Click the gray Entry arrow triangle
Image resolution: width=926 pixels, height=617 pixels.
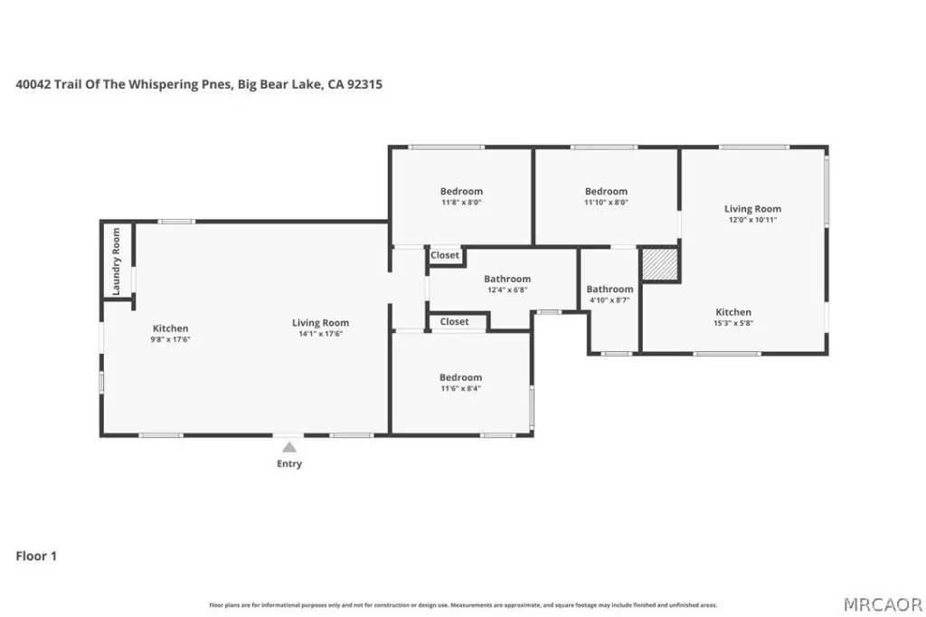tap(289, 448)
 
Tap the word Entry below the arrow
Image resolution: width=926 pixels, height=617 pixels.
tap(289, 464)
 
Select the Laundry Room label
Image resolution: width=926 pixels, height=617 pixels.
tap(116, 261)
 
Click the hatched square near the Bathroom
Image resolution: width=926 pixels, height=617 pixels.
tap(659, 264)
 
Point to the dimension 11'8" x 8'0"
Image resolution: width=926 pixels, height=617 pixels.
tap(461, 202)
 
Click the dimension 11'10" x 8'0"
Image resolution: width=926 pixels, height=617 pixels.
tap(606, 202)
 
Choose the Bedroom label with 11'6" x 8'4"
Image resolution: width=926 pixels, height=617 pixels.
tap(460, 377)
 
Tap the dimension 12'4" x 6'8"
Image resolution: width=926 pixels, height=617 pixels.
tap(507, 290)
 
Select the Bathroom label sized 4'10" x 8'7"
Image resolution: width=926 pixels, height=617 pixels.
tap(609, 289)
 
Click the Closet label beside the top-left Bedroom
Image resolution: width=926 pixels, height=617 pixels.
tap(445, 255)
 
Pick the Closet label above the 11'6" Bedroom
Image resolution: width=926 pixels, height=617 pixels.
tap(454, 321)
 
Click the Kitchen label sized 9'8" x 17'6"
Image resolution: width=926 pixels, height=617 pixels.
tap(171, 328)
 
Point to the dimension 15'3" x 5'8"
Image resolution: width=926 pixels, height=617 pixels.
tap(733, 323)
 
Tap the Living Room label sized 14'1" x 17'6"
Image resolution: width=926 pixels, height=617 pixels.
tap(321, 323)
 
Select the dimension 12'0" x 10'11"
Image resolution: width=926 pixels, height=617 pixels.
tap(752, 220)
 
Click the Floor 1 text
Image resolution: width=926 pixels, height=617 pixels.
tap(36, 556)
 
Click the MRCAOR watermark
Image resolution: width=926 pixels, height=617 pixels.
tap(883, 605)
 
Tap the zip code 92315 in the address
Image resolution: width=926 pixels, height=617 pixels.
tap(364, 84)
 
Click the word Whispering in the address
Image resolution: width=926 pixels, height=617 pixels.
tap(164, 84)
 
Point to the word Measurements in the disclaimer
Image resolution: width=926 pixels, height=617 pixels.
tap(472, 605)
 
